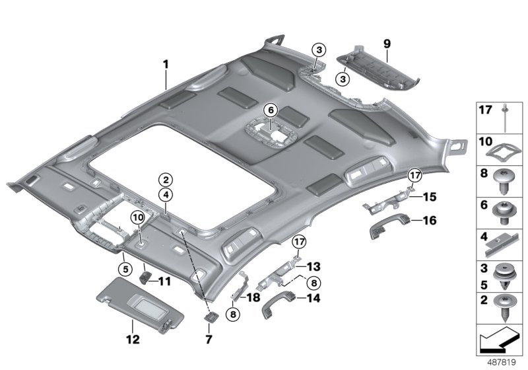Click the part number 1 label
click(x=166, y=65)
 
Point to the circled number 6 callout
click(x=270, y=110)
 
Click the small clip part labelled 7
click(x=210, y=318)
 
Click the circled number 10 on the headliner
click(x=138, y=217)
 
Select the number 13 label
click(x=313, y=266)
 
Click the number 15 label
click(x=429, y=196)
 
